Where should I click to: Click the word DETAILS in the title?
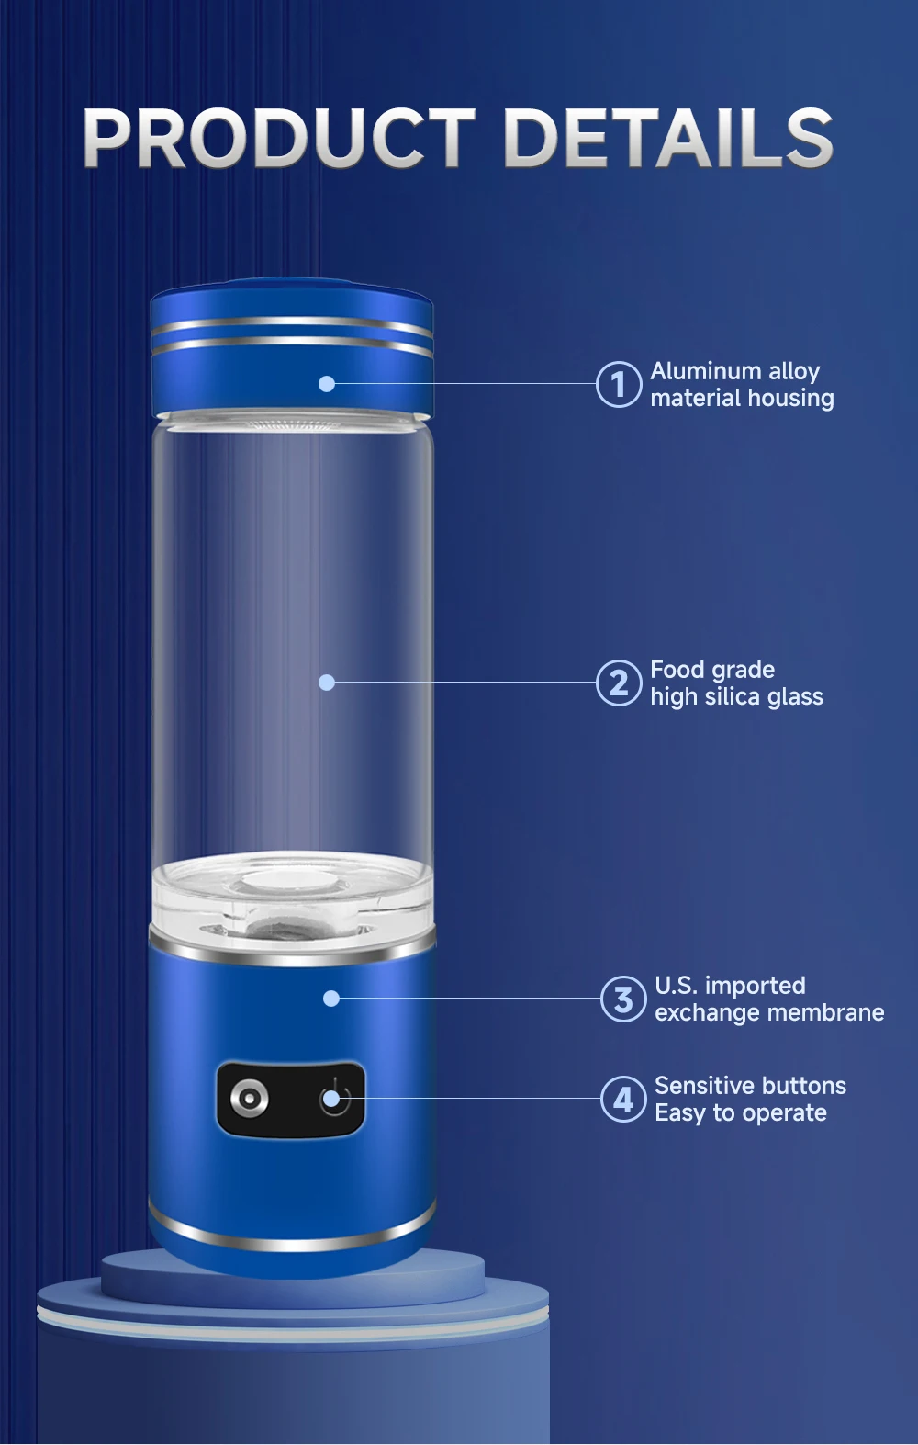[x=668, y=138]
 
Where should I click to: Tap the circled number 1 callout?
[x=618, y=384]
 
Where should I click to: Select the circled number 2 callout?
[x=618, y=683]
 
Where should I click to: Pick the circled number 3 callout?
[x=622, y=999]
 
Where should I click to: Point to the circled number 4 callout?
[x=622, y=1099]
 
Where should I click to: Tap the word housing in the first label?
[x=791, y=399]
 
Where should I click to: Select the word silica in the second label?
[x=733, y=697]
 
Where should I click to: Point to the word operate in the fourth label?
[x=784, y=1113]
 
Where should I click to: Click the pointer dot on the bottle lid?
[x=327, y=384]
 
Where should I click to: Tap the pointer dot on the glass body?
[x=327, y=683]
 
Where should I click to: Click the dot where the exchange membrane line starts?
[x=331, y=999]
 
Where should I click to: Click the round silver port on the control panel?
[x=249, y=1098]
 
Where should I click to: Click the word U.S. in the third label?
[x=675, y=986]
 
